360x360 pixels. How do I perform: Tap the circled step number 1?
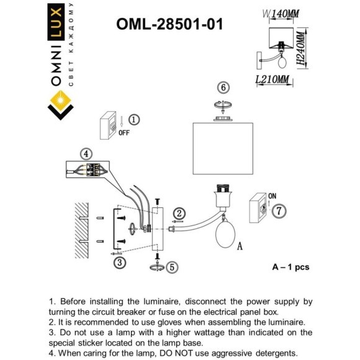pos(134,120)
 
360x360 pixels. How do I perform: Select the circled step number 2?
pos(179,214)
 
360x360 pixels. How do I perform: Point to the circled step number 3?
pos(119,263)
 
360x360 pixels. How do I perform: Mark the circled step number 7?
pos(281,211)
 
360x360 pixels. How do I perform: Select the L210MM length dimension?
pos(272,79)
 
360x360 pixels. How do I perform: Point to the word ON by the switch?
pos(271,197)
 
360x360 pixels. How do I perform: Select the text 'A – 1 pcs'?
pos(290,267)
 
